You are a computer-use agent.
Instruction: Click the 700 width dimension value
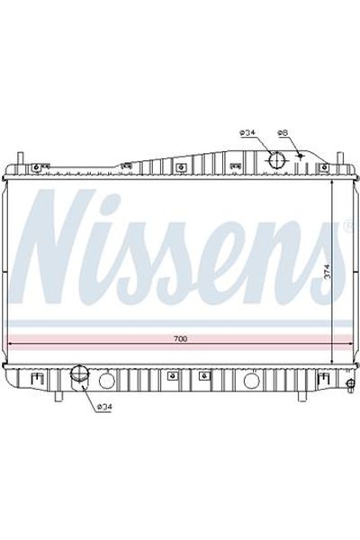(x=180, y=338)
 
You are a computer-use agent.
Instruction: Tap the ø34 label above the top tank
(x=248, y=133)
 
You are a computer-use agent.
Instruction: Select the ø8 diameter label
(x=283, y=133)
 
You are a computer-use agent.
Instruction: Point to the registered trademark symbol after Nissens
(x=346, y=225)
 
